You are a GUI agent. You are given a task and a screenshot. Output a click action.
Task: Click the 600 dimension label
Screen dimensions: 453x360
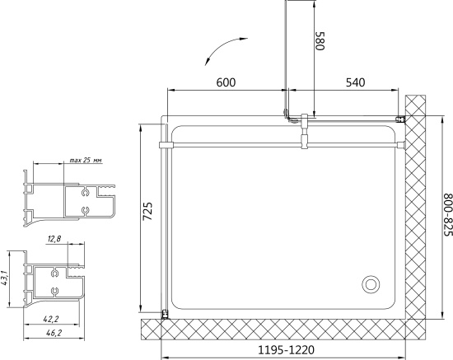226,82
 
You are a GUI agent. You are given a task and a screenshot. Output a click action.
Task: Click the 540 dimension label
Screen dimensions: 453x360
355,82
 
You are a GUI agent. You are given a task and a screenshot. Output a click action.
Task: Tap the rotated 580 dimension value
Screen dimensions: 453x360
320,40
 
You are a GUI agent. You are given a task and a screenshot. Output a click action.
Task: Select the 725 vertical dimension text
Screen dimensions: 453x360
147,211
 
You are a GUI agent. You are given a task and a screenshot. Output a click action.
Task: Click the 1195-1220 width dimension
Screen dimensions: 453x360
286,350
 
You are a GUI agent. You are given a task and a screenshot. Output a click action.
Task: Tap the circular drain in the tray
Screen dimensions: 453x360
371,284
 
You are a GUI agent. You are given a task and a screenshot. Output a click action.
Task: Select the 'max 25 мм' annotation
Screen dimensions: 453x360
86,160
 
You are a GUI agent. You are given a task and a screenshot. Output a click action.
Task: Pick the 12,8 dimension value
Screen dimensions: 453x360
54,239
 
